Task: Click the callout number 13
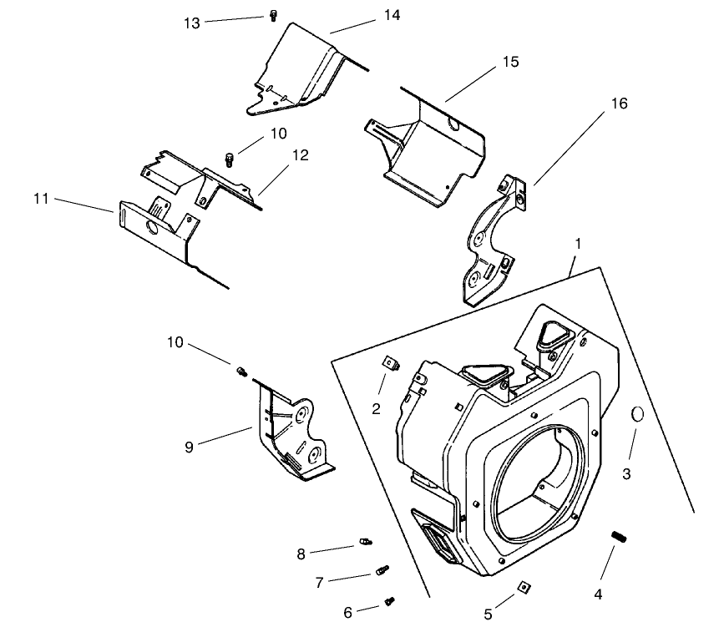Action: coord(192,23)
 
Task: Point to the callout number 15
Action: coord(510,63)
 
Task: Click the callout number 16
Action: coord(619,104)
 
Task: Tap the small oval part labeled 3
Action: coord(635,414)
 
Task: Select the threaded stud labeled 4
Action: coord(620,537)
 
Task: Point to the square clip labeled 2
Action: coord(389,363)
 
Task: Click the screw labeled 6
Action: coord(389,600)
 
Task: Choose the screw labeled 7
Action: coord(382,571)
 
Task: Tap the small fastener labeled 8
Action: coord(364,543)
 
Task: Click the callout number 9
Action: coord(190,447)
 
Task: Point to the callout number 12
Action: coord(301,155)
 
